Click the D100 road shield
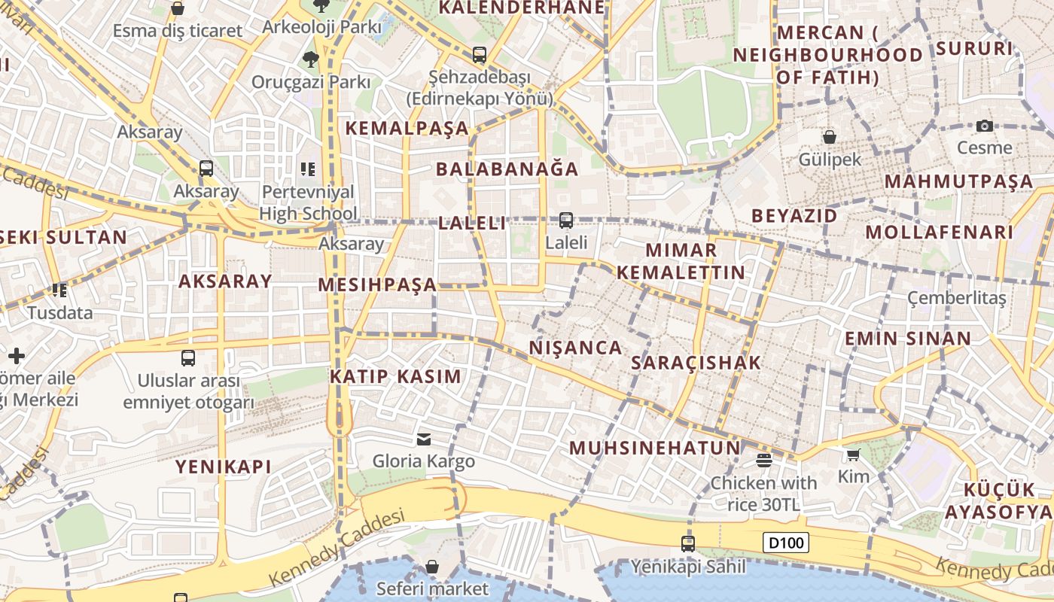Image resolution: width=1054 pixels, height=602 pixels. [x=787, y=543]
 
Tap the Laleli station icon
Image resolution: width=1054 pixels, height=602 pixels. [x=565, y=220]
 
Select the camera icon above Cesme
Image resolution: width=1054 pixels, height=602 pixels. [x=984, y=126]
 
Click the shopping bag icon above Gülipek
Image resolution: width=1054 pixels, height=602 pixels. [x=829, y=137]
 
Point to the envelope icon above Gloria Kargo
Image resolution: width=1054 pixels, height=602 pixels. [x=424, y=439]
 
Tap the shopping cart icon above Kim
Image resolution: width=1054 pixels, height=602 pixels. [x=853, y=455]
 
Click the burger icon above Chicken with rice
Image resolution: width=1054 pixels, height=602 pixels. [x=763, y=461]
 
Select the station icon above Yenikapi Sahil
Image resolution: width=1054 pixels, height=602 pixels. [x=687, y=543]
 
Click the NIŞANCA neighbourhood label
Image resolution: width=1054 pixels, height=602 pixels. [x=576, y=348]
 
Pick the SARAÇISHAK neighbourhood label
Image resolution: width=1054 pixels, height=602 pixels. [x=696, y=363]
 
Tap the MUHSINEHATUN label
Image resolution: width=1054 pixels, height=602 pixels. [x=655, y=448]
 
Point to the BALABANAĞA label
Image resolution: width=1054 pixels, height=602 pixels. [x=507, y=169]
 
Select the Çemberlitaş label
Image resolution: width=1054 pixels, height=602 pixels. [x=956, y=298]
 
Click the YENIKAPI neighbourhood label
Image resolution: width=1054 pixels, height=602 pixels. [x=223, y=467]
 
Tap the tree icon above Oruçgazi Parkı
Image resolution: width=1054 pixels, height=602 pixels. [x=309, y=59]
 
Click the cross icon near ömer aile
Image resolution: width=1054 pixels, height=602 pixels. [x=17, y=355]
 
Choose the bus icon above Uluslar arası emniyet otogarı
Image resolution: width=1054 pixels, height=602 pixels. [x=188, y=358]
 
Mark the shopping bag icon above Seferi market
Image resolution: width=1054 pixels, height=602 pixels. [x=432, y=566]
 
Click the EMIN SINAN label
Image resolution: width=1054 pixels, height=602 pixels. [x=907, y=339]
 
